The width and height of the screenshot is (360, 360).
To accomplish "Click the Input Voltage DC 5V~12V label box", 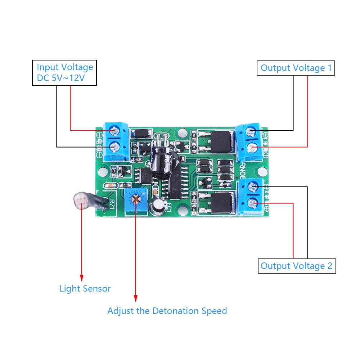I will [x=64, y=73].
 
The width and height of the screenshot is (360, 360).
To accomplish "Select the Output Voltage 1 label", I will [x=296, y=68].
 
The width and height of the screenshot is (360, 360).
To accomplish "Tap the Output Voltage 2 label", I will [x=297, y=266].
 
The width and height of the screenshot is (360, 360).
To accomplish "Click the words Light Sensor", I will [x=85, y=288].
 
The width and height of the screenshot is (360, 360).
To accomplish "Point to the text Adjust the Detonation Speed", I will [x=167, y=311].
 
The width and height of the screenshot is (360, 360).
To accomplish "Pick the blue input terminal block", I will [x=115, y=141].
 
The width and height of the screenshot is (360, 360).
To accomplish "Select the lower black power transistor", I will [x=220, y=203].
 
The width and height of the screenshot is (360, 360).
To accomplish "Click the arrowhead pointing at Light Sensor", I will [x=82, y=278].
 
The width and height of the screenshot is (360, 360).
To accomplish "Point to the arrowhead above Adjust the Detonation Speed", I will [x=136, y=299].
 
